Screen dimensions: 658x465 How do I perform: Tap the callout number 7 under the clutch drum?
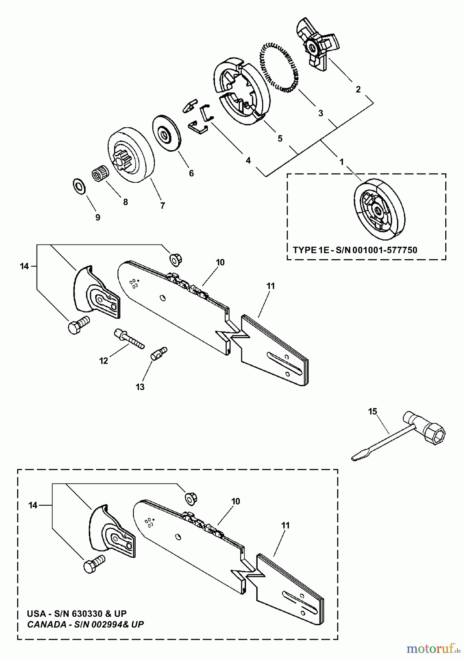pyautogui.click(x=162, y=205)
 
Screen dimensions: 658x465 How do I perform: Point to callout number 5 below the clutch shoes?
pyautogui.click(x=280, y=139)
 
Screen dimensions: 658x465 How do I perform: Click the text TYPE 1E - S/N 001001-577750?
pyautogui.click(x=355, y=250)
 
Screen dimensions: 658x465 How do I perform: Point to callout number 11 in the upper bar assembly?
pyautogui.click(x=270, y=286)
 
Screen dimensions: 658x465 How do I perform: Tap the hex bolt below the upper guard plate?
pyautogui.click(x=78, y=324)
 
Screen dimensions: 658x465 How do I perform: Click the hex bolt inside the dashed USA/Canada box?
pyautogui.click(x=94, y=563)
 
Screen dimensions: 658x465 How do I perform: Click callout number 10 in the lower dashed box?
pyautogui.click(x=236, y=501)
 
